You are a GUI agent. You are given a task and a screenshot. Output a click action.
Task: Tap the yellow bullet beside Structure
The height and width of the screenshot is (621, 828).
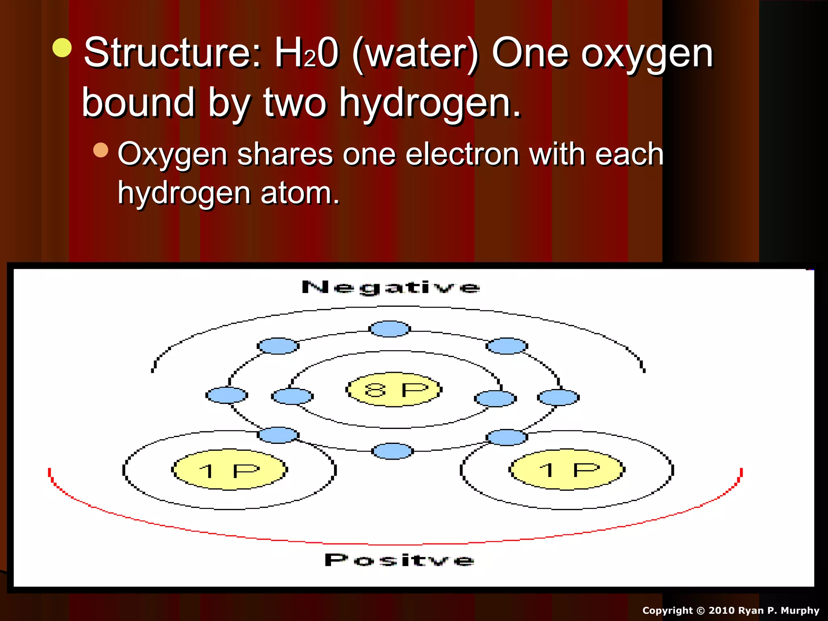coord(62,48)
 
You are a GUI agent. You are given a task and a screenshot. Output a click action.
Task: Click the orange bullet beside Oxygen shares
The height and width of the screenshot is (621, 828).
coord(101,150)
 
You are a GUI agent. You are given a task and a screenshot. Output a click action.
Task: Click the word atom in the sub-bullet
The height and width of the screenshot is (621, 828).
coord(299,193)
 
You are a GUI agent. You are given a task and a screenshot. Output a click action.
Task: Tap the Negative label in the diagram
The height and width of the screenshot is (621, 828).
coord(391,287)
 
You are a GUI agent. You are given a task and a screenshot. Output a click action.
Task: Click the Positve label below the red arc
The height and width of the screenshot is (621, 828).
coord(399,560)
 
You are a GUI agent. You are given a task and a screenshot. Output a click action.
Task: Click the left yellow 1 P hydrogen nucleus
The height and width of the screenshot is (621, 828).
coord(229,470)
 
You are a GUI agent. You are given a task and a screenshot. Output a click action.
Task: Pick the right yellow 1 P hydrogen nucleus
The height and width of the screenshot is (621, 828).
coord(567,470)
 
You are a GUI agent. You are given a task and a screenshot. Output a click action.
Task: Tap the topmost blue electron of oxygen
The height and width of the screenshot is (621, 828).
coord(390,329)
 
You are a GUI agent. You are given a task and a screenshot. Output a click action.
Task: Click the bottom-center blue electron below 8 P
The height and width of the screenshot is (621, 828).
coord(392,451)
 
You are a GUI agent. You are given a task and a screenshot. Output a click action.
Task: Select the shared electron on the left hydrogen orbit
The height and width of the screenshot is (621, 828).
coord(278,435)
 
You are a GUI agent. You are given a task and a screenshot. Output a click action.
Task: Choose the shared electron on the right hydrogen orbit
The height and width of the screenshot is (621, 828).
coord(507,437)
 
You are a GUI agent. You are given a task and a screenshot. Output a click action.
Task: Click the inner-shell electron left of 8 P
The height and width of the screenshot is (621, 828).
coord(292,396)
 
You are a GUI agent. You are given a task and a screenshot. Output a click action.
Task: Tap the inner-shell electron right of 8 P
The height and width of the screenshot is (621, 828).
coord(495,398)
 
